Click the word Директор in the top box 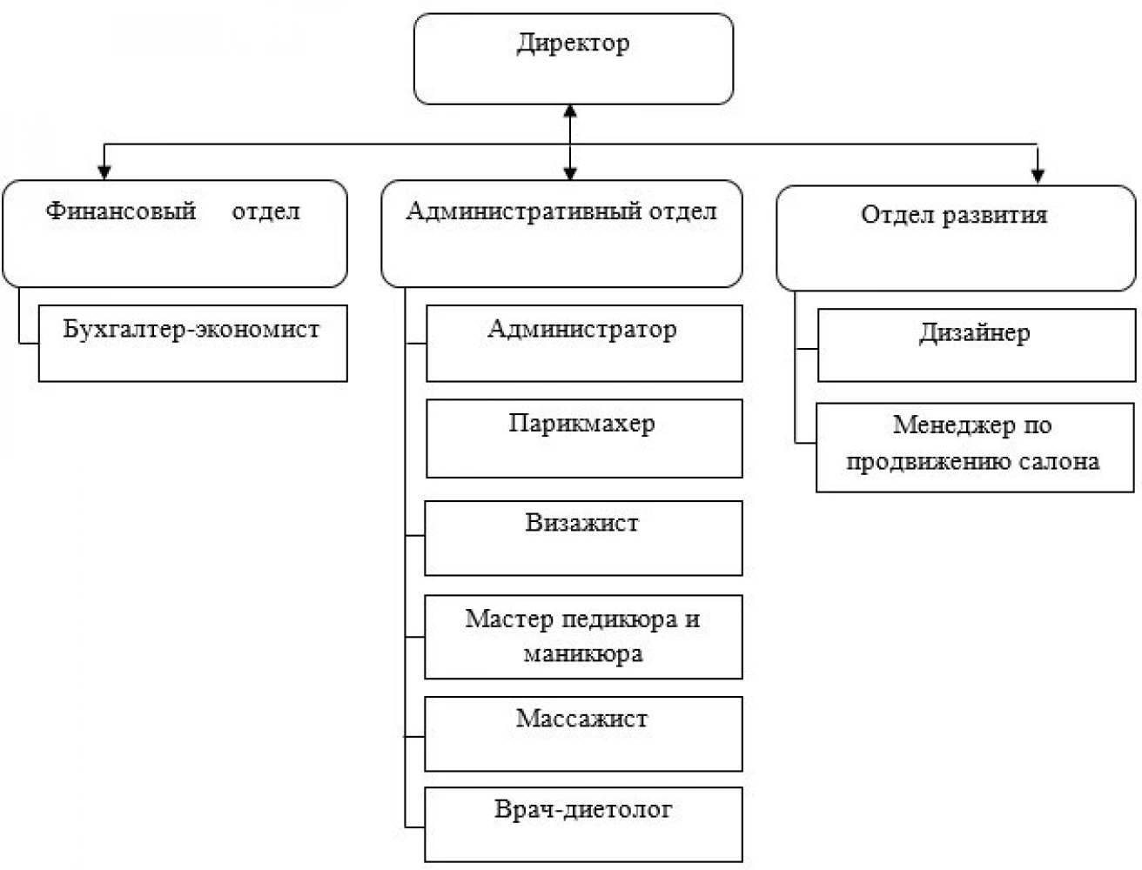[x=573, y=43]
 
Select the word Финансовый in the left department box [x=121, y=211]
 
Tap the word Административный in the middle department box [x=524, y=212]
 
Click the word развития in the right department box [x=995, y=215]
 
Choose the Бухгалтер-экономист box [x=193, y=344]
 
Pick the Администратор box [x=584, y=344]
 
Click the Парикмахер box [x=584, y=438]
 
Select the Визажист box [x=583, y=539]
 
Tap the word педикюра [x=620, y=619]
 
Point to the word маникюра [x=583, y=654]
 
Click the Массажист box [x=583, y=733]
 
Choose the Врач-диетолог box [x=583, y=825]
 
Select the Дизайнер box [x=977, y=345]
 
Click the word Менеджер [x=954, y=426]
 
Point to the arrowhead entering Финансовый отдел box [x=104, y=172]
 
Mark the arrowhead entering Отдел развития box [x=1038, y=176]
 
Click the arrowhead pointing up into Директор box [x=570, y=111]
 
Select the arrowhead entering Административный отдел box [x=570, y=173]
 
